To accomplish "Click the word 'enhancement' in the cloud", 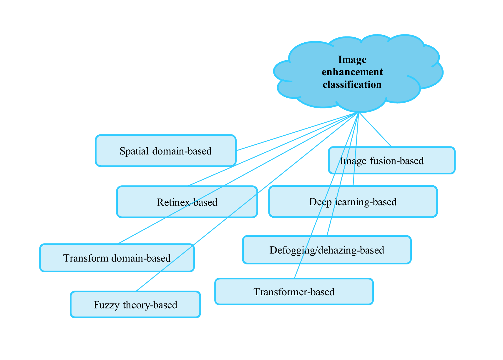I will pos(352,72).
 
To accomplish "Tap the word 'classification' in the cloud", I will pos(352,85).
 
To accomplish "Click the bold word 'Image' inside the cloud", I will pos(352,60).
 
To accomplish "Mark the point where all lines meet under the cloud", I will pos(358,112).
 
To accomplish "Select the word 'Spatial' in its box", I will pos(134,151).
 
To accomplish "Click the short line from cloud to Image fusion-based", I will pos(375,129).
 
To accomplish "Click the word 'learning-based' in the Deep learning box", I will pos(366,202).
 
